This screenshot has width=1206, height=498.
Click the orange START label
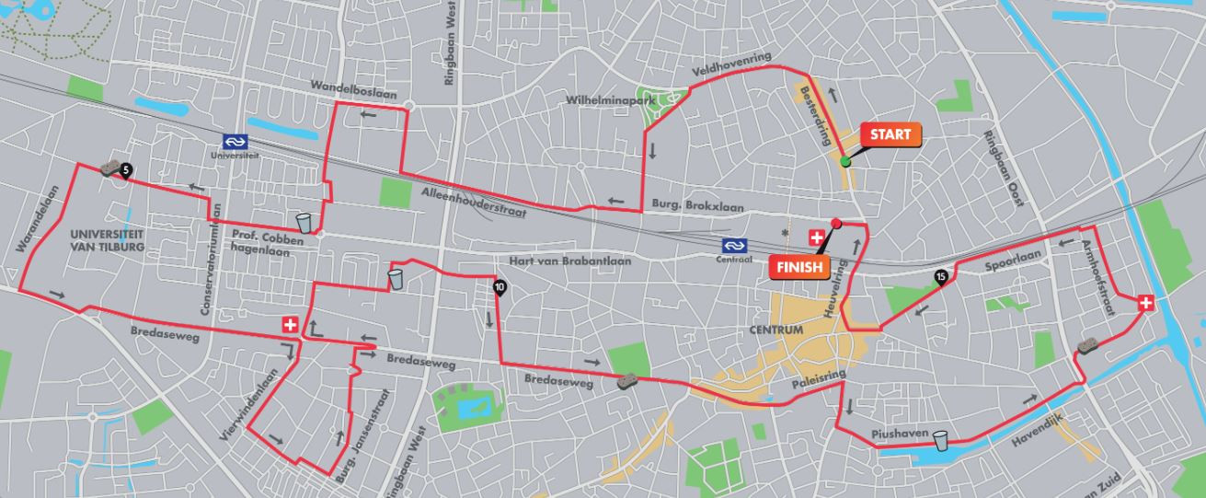coord(890,135)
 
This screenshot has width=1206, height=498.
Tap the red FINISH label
coord(798,267)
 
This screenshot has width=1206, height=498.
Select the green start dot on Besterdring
coord(844,162)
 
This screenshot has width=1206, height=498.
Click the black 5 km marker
coord(126,168)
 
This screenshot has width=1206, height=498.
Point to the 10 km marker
coord(499,286)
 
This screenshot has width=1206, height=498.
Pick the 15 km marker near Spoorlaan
coord(940,275)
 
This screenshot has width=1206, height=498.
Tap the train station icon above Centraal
coord(732,246)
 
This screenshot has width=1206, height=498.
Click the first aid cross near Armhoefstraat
coord(1145,302)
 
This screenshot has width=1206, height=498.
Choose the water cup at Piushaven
coord(940,441)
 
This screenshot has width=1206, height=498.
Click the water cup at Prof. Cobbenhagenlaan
coord(304,223)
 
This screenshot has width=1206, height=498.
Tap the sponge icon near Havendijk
coord(1087,346)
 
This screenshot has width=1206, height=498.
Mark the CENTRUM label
coord(775,330)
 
